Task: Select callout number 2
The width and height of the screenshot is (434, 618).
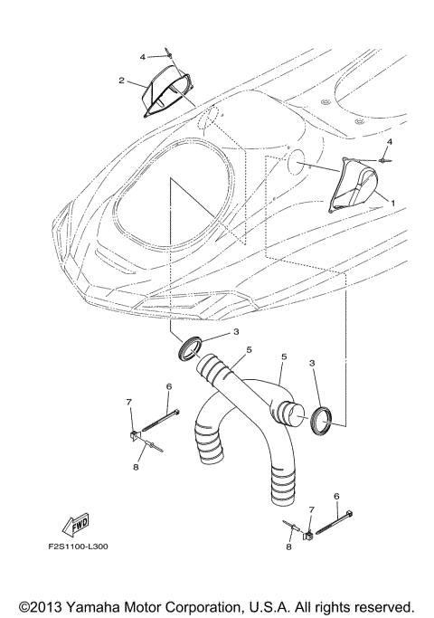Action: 120,81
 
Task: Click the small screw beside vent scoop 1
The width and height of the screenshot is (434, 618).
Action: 384,160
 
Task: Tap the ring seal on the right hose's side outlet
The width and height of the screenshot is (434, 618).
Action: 325,418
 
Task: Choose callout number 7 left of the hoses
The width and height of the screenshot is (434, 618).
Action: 129,401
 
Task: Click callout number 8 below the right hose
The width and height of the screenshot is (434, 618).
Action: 288,547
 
